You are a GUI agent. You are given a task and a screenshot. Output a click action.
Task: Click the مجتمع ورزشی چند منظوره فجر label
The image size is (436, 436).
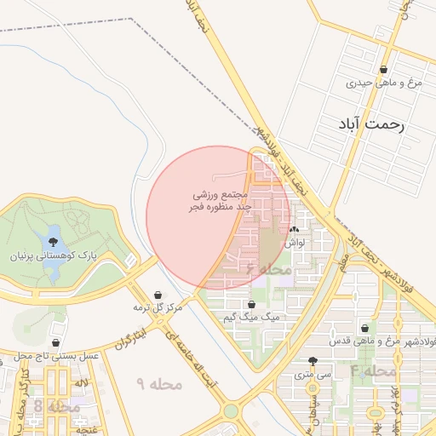(220, 201)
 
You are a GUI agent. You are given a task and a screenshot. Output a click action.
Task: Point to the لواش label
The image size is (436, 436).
(295, 242)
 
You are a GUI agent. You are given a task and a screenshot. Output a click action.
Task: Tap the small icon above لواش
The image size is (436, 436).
(295, 229)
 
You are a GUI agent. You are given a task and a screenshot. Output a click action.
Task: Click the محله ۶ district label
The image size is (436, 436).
(269, 269)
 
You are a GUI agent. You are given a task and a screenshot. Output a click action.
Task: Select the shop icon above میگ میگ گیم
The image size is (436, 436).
(251, 304)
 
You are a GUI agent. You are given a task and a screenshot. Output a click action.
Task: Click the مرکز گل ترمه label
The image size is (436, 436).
(158, 307)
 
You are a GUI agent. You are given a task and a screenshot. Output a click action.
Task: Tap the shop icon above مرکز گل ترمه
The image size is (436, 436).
(158, 295)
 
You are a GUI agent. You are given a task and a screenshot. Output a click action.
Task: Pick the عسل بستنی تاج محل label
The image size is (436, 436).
(55, 354)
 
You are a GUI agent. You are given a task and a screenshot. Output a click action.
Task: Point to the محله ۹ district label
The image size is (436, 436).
(159, 385)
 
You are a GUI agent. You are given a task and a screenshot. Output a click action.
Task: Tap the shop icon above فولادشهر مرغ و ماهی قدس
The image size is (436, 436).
(365, 329)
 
